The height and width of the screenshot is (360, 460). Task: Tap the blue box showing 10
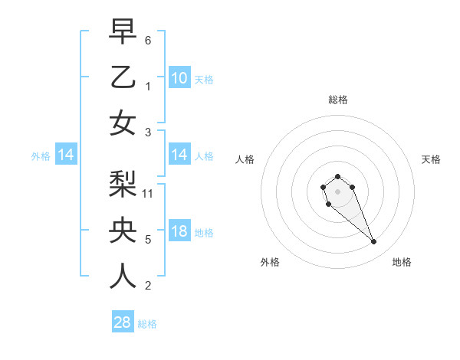[179, 77]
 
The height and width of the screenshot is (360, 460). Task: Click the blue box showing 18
[179, 232]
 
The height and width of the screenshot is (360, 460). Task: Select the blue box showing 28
[123, 322]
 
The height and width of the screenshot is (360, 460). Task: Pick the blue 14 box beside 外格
[66, 155]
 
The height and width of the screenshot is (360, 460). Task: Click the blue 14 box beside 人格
[179, 155]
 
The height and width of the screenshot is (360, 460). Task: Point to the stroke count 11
[149, 193]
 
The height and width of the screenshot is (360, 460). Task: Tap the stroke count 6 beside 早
[148, 39]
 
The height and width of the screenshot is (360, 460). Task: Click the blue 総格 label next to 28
[147, 324]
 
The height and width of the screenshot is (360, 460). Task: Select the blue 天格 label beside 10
[204, 79]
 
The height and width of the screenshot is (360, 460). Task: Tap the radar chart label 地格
[402, 262]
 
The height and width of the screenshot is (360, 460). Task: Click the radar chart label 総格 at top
[337, 100]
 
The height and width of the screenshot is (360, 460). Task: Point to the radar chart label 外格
[270, 262]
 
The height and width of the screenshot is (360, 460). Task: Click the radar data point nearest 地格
[374, 242]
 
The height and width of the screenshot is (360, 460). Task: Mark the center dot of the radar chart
[337, 190]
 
